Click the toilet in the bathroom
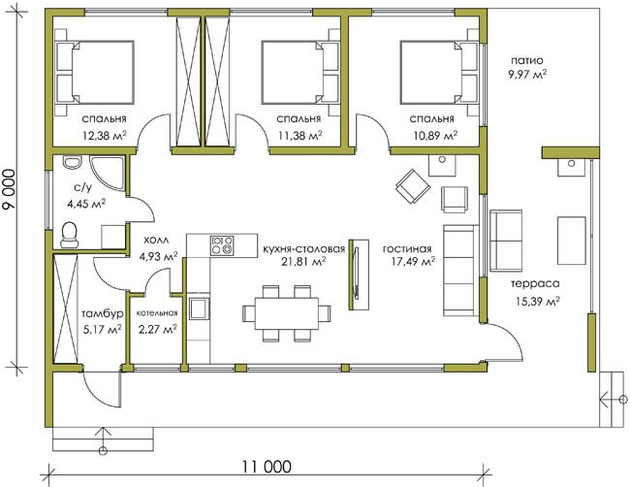point(70,235)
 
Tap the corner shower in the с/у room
point(106,172)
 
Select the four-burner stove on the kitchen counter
point(222,244)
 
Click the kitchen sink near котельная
point(199,308)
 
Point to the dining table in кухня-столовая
point(287,313)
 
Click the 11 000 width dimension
point(267,467)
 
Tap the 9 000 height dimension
point(10,189)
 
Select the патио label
point(526,61)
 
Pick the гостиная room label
point(407,249)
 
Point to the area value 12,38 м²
point(105,135)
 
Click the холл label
point(156,240)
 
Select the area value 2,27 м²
point(157,330)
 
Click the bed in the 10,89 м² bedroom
point(440,73)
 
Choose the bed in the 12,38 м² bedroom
point(94,73)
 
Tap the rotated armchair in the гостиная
point(413,186)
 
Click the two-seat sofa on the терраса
point(505,241)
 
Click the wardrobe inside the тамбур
point(66,308)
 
